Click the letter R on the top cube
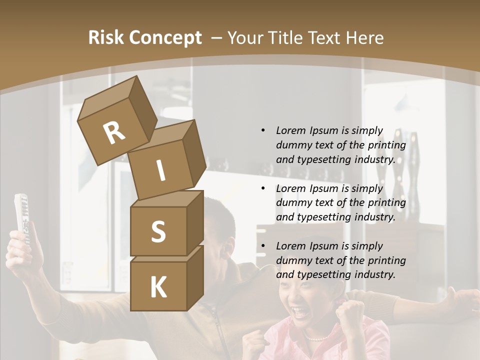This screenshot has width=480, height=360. point(113,133)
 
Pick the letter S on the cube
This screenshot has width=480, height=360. point(158,231)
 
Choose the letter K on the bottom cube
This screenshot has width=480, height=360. point(158,287)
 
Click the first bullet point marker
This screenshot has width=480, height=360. point(263,131)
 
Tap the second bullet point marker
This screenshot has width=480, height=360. point(263,188)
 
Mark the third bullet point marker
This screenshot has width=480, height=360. point(263,246)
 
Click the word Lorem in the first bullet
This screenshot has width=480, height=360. point(290,130)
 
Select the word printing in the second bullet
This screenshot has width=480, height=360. point(386,203)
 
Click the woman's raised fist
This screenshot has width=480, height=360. point(349,313)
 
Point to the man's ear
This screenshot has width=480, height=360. point(228,246)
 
